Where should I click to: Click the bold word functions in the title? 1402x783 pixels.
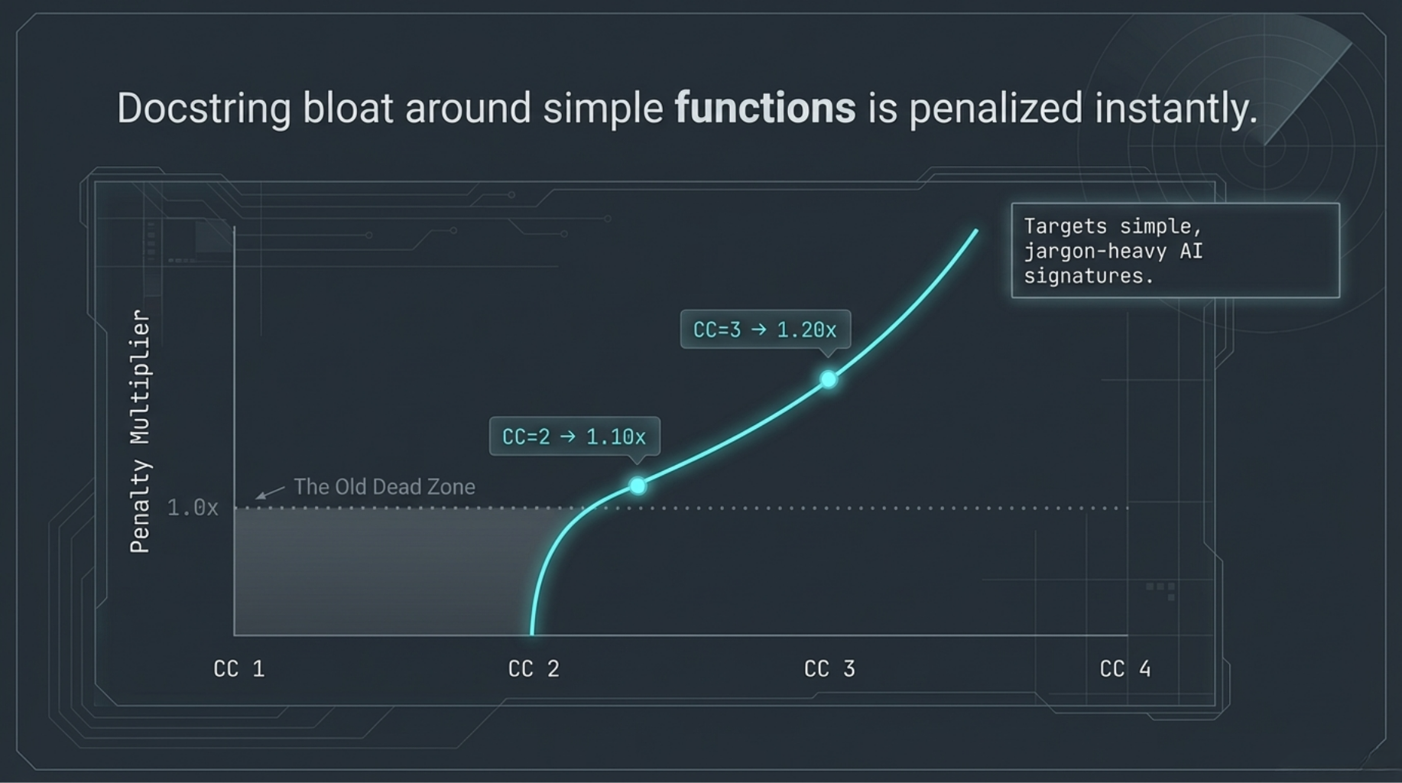tap(765, 108)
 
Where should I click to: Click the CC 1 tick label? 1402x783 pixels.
tap(239, 669)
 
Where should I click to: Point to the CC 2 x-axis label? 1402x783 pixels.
tap(534, 669)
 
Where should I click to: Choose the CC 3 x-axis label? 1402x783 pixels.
tap(829, 669)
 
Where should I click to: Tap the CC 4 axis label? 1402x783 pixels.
tap(1125, 669)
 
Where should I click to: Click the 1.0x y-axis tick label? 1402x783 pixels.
tap(193, 508)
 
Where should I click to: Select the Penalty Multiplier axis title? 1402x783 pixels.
tap(140, 431)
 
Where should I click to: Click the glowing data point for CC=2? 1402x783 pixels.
tap(638, 486)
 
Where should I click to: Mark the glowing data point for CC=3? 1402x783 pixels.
tap(829, 379)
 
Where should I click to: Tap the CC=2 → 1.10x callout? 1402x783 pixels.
tap(574, 437)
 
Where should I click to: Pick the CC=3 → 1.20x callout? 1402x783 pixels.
tap(765, 330)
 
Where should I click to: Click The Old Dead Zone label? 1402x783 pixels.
tap(385, 487)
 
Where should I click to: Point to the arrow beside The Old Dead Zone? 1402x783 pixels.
tap(270, 492)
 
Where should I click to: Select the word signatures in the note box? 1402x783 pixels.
tap(1089, 276)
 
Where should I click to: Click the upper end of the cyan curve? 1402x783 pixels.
tap(976, 230)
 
